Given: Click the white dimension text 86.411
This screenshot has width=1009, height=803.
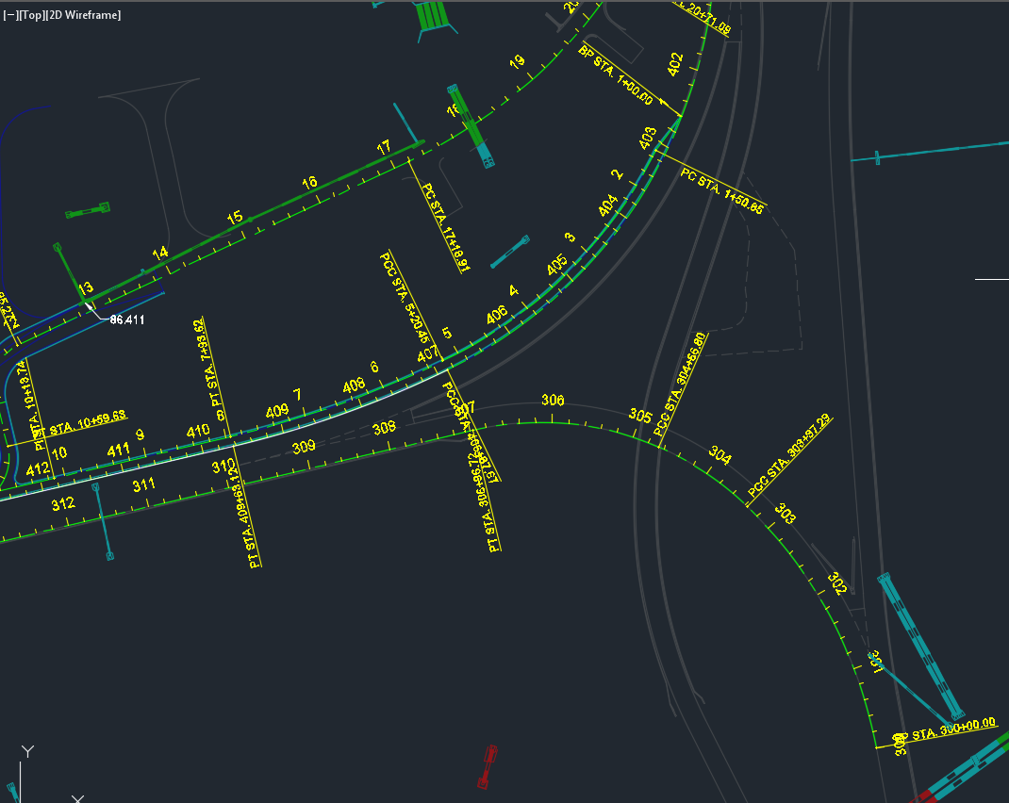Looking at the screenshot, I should [x=127, y=320].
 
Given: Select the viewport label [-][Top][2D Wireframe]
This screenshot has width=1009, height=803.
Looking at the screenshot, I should [x=62, y=15].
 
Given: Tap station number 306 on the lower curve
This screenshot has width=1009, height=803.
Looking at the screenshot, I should [x=553, y=401].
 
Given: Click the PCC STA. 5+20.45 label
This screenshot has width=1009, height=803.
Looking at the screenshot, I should [x=405, y=298].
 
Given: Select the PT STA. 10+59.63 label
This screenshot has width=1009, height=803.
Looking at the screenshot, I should [x=80, y=425].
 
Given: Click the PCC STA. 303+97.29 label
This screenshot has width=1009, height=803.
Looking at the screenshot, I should [x=789, y=455].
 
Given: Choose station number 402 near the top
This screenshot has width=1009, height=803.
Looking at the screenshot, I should [x=674, y=64].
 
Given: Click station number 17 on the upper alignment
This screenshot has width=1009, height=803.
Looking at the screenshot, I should [x=383, y=148].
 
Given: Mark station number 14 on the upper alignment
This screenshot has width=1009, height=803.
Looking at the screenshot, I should [x=160, y=253].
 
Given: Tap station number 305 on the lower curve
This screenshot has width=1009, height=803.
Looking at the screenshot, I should [x=640, y=416].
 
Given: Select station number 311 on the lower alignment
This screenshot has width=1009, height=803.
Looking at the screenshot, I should [x=143, y=485].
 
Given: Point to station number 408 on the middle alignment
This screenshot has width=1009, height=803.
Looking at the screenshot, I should [x=354, y=385].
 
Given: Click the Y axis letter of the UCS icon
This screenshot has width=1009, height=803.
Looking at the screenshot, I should [x=28, y=751].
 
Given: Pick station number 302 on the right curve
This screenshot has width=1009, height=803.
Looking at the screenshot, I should [x=836, y=583].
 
